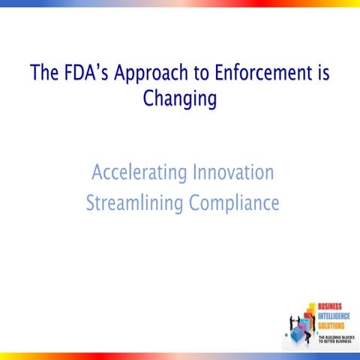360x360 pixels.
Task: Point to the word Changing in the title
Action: [x=180, y=99]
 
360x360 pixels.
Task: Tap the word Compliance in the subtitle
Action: [x=233, y=203]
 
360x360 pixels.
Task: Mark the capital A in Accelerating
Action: [x=97, y=173]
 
